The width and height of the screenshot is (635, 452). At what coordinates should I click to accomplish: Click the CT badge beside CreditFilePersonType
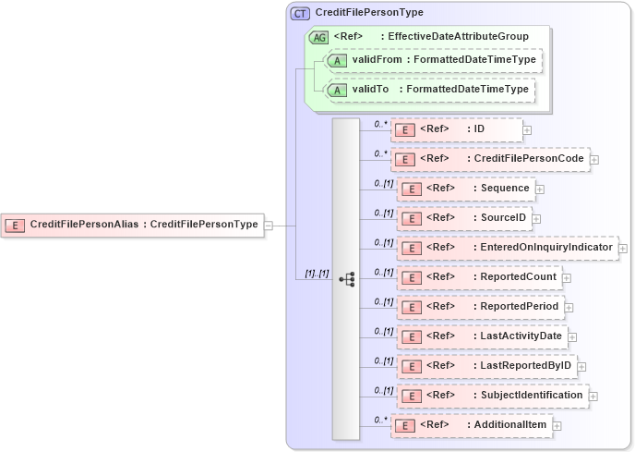[301, 13]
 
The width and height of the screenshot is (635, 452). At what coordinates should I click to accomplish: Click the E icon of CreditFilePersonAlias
[15, 224]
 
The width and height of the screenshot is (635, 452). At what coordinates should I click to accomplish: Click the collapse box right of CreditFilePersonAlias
[269, 224]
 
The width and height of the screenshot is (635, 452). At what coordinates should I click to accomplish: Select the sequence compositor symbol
[347, 277]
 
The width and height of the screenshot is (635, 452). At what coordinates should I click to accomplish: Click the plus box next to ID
[527, 129]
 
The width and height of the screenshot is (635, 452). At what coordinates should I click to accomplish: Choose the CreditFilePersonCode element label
[529, 159]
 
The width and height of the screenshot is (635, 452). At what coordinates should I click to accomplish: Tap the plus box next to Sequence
[540, 189]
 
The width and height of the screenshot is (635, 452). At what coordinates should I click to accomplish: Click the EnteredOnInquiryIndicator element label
[545, 248]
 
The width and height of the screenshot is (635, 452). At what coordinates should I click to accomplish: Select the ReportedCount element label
[518, 276]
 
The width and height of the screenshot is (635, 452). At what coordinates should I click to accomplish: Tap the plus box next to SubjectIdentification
[593, 396]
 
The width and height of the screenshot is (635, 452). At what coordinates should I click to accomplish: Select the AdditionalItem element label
[510, 424]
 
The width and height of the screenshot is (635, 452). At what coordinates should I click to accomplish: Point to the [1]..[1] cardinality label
[317, 274]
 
